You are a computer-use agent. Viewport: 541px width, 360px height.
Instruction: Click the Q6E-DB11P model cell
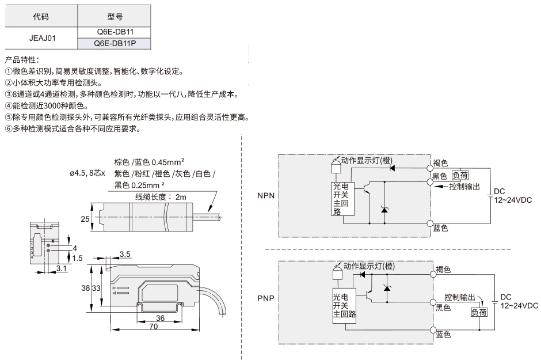tap(114, 44)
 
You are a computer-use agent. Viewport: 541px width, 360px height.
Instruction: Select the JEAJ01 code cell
tap(42, 38)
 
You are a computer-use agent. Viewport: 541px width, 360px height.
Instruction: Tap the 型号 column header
tap(115, 16)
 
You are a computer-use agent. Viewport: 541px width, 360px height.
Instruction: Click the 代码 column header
tap(41, 16)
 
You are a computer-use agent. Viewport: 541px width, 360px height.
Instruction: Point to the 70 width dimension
tap(154, 326)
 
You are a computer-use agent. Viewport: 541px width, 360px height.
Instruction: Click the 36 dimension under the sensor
tap(160, 318)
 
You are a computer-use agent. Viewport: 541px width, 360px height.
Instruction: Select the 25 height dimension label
tap(85, 219)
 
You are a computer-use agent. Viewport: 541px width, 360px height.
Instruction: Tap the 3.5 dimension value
tap(125, 255)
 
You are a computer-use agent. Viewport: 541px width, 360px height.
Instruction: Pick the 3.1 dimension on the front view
tap(62, 268)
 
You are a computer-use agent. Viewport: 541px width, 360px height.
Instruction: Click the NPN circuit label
tap(266, 196)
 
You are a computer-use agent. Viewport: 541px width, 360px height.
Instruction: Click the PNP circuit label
tap(266, 298)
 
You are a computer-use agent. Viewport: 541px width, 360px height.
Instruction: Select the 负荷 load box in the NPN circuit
tap(460, 175)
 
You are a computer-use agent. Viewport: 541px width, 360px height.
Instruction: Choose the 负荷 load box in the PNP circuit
tap(479, 312)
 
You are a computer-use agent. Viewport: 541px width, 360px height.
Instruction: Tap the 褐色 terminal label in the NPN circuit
tap(441, 163)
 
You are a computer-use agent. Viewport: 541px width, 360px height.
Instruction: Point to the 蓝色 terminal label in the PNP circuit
tap(443, 335)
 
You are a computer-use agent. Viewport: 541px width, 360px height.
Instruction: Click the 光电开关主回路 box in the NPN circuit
tap(343, 199)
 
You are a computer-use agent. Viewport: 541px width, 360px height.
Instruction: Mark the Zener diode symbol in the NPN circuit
tap(384, 209)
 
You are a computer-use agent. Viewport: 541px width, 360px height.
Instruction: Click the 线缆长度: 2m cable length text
tap(161, 197)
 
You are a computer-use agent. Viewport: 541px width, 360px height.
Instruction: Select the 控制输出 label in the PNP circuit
tap(460, 297)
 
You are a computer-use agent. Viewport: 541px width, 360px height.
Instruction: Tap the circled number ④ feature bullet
tap(9, 106)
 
